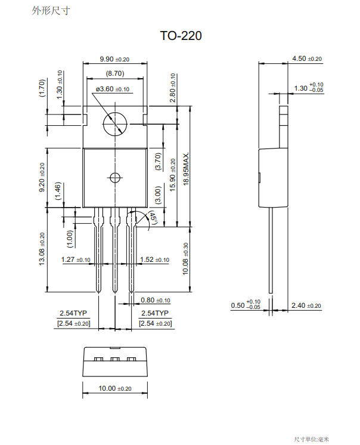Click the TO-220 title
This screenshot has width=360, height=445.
click(x=181, y=36)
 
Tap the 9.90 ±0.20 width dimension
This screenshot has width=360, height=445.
click(x=114, y=59)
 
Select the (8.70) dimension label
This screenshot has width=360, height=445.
click(x=115, y=73)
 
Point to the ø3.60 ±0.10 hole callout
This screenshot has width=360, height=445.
click(x=113, y=89)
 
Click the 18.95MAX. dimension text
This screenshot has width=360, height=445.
click(x=186, y=169)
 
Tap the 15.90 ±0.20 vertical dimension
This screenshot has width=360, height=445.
click(x=173, y=175)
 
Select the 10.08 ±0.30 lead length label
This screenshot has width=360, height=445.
click(x=185, y=259)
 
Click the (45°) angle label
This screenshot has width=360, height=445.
click(x=153, y=218)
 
